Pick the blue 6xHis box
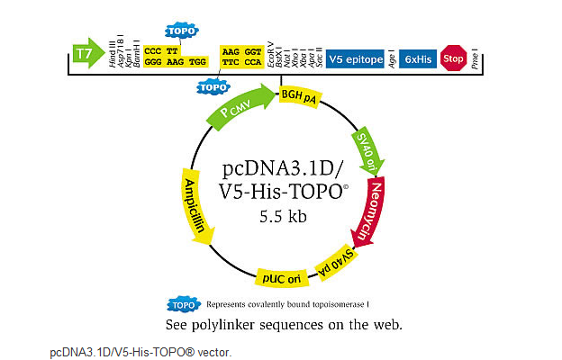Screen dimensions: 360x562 [418, 58]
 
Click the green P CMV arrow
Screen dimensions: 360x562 [240, 107]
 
